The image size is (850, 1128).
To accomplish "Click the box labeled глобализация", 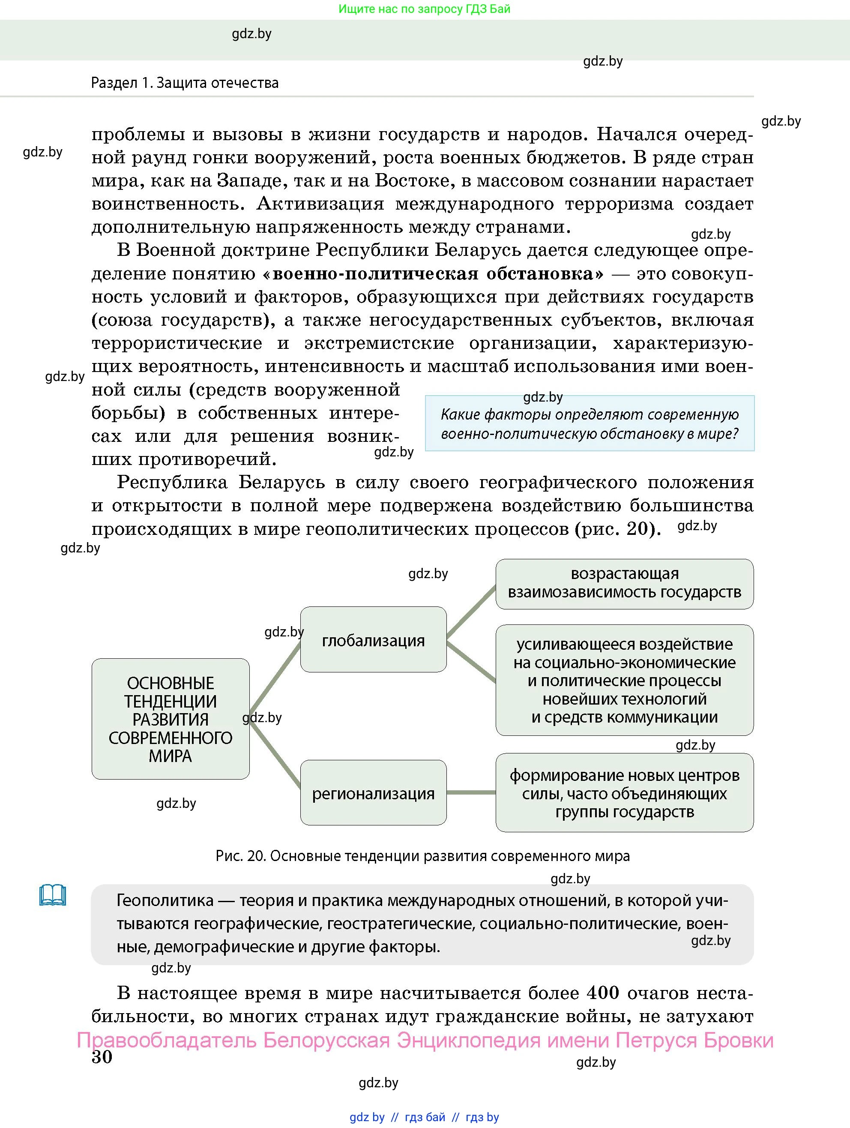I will tap(373, 639).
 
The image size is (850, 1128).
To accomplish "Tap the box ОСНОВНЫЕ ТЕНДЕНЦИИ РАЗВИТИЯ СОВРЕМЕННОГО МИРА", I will tap(171, 719).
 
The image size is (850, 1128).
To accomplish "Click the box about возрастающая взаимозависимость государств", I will tap(624, 583).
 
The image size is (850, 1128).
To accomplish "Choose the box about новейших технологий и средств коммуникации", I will tap(624, 680).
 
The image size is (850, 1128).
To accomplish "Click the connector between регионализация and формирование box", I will tap(471, 792).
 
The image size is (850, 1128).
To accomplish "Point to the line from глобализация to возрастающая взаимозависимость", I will tap(471, 612).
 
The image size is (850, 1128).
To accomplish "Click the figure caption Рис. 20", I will tap(423, 856).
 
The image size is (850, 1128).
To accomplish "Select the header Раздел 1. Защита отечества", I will tap(185, 83).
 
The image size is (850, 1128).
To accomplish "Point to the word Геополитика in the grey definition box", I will tap(165, 900).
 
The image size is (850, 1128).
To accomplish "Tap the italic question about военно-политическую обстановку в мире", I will tap(590, 424).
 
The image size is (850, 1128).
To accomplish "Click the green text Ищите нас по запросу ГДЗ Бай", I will tap(424, 9).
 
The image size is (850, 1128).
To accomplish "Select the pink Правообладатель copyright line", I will tap(425, 1040).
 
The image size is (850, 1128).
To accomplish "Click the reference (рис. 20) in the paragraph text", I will tap(618, 529).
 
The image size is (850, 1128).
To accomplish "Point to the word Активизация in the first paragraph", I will tap(320, 204).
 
